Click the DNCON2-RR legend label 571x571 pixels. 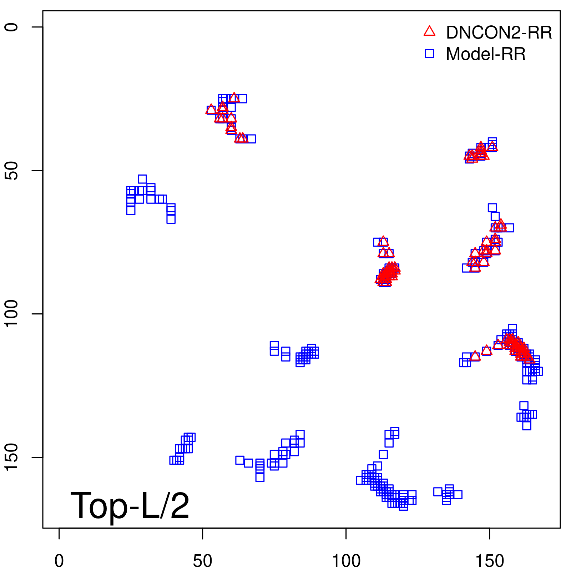pyautogui.click(x=499, y=32)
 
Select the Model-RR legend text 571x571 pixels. pyautogui.click(x=485, y=54)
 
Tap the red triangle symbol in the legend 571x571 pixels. pyautogui.click(x=429, y=31)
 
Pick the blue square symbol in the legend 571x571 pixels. pyautogui.click(x=429, y=54)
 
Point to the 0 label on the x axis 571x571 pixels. pyautogui.click(x=59, y=561)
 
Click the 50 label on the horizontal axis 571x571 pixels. pyautogui.click(x=202, y=561)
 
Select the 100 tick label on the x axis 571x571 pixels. pyautogui.click(x=346, y=561)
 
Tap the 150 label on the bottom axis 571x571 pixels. pyautogui.click(x=490, y=561)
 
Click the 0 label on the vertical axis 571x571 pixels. pyautogui.click(x=11, y=27)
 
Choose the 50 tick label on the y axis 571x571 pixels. pyautogui.click(x=11, y=171)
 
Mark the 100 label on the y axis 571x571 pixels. pyautogui.click(x=11, y=314)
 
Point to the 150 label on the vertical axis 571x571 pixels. pyautogui.click(x=11, y=458)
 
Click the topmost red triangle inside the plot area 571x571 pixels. pyautogui.click(x=234, y=97)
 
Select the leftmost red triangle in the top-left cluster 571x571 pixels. pyautogui.click(x=211, y=109)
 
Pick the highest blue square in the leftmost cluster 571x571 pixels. pyautogui.click(x=142, y=179)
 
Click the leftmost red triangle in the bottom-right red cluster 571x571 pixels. pyautogui.click(x=475, y=356)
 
